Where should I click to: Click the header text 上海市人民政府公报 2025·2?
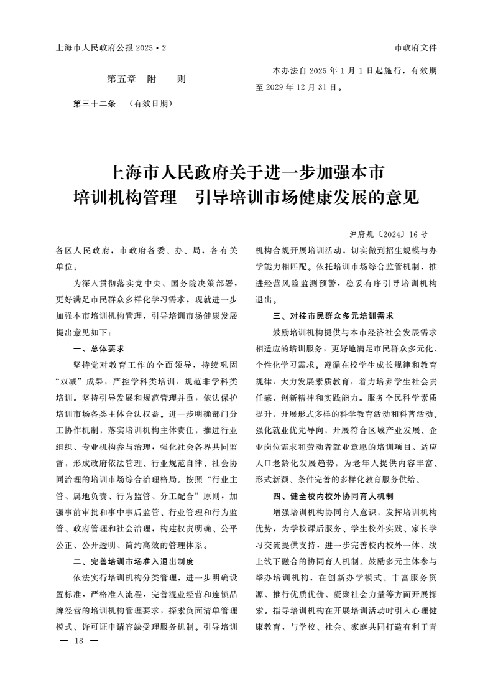pos(111,47)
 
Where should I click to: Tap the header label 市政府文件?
pos(415,47)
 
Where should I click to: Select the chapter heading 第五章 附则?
pos(146,79)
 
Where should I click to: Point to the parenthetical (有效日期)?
pos(149,103)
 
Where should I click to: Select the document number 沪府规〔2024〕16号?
pos(389,235)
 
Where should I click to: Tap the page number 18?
pos(78,641)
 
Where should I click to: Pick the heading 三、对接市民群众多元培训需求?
pos(333,315)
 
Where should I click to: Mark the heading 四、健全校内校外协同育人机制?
pos(333,496)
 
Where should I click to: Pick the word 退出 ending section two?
pos(264,299)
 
